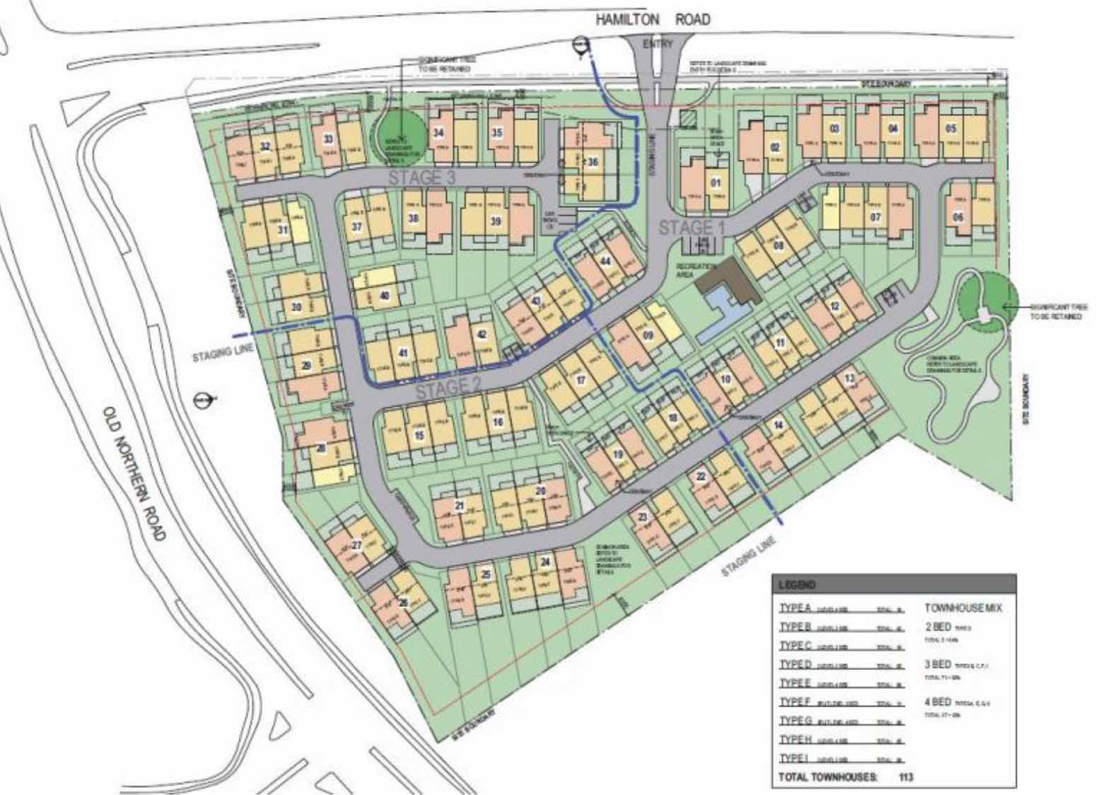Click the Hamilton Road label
tap(652, 20)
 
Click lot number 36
tap(593, 162)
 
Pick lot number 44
tap(605, 261)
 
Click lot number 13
tap(849, 378)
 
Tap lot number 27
tap(357, 545)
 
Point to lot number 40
tap(385, 296)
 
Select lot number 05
tap(950, 129)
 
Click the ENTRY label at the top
tap(654, 45)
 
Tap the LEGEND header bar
tap(893, 585)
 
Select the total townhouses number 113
tap(905, 777)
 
